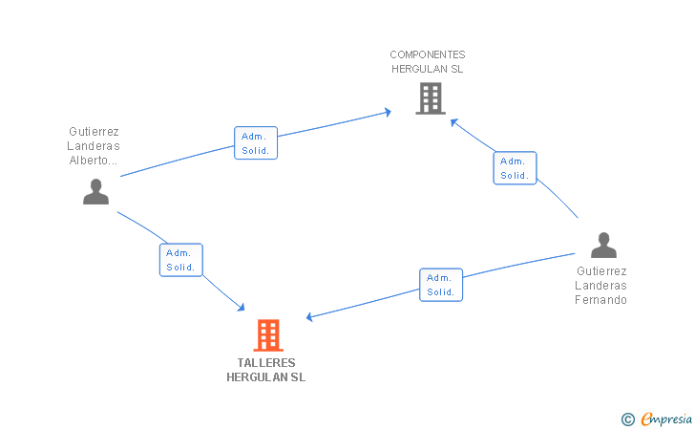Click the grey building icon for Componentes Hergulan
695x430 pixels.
click(431, 97)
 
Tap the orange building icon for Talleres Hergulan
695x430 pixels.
click(268, 335)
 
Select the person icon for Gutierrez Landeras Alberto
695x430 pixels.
click(95, 191)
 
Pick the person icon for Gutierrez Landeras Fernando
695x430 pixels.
click(603, 246)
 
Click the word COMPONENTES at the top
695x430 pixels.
click(428, 54)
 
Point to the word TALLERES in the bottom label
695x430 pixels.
click(266, 363)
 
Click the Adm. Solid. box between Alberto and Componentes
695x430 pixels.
click(256, 142)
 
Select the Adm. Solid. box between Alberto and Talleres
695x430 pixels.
click(180, 260)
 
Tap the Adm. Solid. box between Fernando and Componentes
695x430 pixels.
click(515, 168)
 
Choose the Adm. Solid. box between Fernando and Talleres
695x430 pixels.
click(441, 285)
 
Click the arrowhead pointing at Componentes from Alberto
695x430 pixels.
click(387, 112)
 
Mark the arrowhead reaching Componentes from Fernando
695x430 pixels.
click(454, 121)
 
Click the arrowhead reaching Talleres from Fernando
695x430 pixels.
click(310, 317)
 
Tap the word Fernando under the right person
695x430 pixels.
click(601, 299)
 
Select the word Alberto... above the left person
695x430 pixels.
click(94, 161)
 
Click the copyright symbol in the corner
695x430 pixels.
click(627, 419)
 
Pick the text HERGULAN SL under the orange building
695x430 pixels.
click(266, 377)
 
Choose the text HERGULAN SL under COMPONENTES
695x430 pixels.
click(428, 69)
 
